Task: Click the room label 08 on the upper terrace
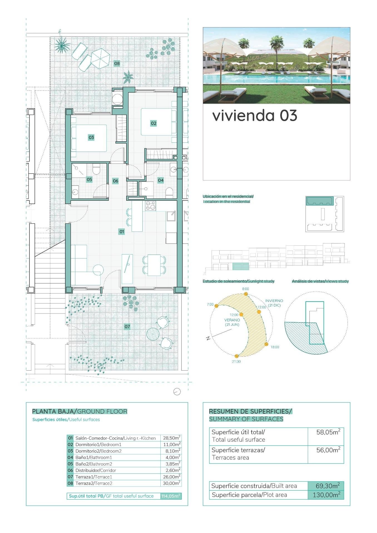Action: [x=117, y=64]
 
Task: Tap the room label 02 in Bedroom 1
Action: [x=153, y=123]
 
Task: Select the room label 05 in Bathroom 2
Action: [x=89, y=180]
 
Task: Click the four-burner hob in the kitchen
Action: [x=150, y=206]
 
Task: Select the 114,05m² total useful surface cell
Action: [x=171, y=496]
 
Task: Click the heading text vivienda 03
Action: [x=255, y=115]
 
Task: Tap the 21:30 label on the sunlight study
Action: [x=236, y=362]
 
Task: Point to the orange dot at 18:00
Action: [x=266, y=344]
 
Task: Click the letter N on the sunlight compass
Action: [x=208, y=338]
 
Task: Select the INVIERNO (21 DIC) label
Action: [x=274, y=303]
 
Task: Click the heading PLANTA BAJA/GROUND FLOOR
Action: [x=80, y=411]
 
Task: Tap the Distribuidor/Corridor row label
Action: [x=96, y=470]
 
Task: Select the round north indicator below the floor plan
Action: [x=177, y=392]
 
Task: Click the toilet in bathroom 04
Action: [x=169, y=192]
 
